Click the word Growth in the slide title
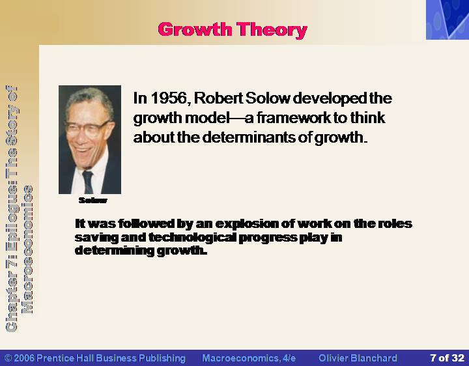point(195,29)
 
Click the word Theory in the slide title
point(272,30)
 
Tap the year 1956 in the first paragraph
point(169,98)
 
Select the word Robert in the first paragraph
point(218,98)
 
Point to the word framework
point(293,117)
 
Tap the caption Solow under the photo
point(92,201)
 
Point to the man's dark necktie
point(88,182)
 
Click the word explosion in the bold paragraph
point(241,224)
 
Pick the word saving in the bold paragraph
point(96,238)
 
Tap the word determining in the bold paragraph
point(114,251)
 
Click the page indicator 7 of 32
point(447,358)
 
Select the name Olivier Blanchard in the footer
point(358,358)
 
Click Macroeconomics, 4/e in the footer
point(249,358)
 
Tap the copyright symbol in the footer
point(8,358)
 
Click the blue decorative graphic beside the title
point(448,20)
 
